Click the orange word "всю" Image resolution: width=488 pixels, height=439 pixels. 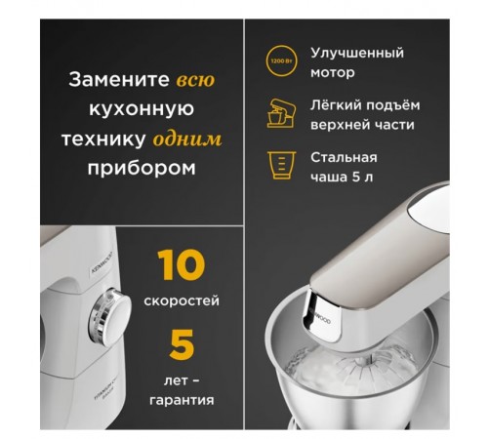(x=195, y=78)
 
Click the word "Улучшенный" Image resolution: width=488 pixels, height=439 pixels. (x=357, y=53)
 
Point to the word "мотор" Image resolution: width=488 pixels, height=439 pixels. (x=332, y=72)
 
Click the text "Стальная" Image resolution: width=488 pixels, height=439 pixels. (x=344, y=157)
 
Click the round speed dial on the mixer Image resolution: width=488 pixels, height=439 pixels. (x=115, y=316)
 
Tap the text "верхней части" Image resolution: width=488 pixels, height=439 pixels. (x=362, y=125)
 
